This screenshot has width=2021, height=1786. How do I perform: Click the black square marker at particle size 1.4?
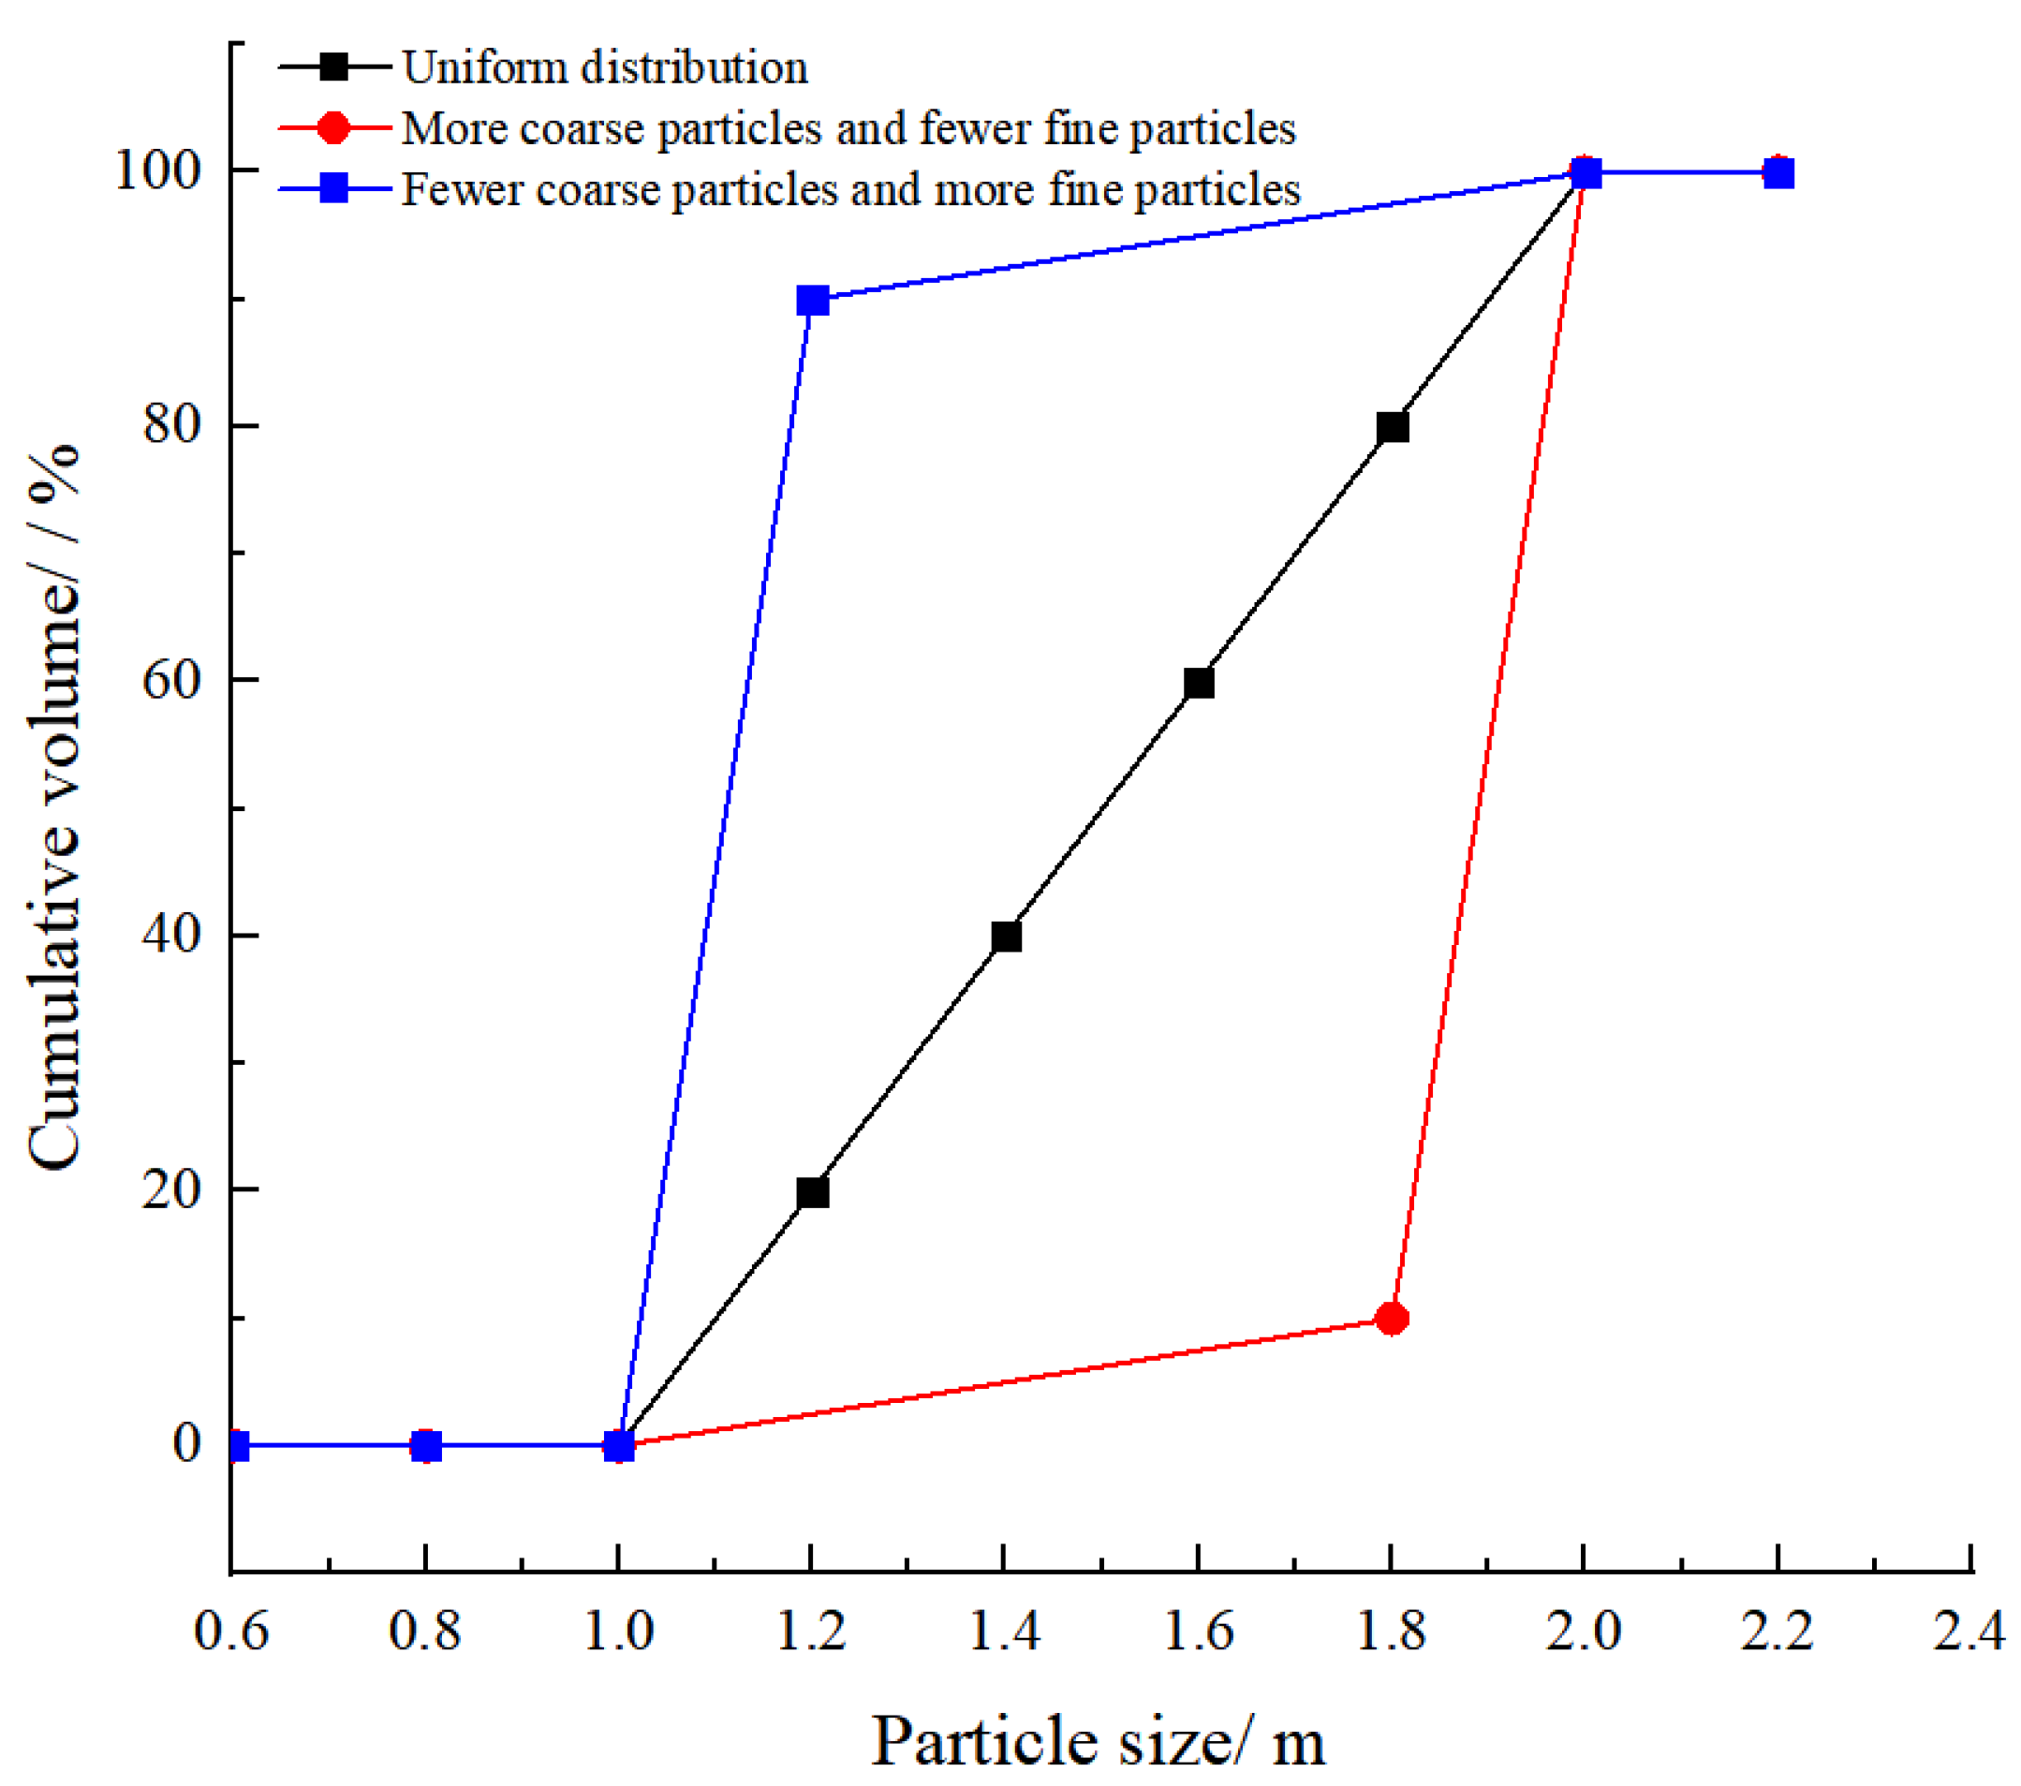pyautogui.click(x=1006, y=937)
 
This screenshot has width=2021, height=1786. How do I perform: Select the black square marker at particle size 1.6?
pyautogui.click(x=1199, y=683)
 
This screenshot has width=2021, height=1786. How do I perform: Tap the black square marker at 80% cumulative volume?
pyautogui.click(x=1393, y=427)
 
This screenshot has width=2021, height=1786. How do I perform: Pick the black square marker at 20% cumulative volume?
pyautogui.click(x=812, y=1191)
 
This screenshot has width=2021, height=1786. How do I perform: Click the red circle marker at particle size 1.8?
pyautogui.click(x=1391, y=1319)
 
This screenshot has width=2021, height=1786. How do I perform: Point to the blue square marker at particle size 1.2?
pyautogui.click(x=812, y=300)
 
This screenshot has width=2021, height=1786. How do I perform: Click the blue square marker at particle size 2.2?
pyautogui.click(x=1778, y=173)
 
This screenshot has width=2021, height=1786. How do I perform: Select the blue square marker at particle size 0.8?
pyautogui.click(x=425, y=1446)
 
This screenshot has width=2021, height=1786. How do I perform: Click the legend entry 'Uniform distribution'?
pyautogui.click(x=604, y=67)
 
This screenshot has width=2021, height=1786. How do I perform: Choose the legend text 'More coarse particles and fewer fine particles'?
pyautogui.click(x=848, y=128)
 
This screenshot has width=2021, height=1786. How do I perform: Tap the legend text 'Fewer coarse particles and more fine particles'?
pyautogui.click(x=850, y=189)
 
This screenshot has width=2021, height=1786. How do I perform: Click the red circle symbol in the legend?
pyautogui.click(x=334, y=127)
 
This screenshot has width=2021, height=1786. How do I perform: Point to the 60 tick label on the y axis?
pyautogui.click(x=171, y=679)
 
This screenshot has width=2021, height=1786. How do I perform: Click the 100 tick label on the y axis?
pyautogui.click(x=158, y=170)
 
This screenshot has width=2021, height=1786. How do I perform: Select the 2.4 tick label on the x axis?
pyautogui.click(x=1969, y=1629)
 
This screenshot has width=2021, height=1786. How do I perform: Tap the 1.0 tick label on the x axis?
pyautogui.click(x=618, y=1629)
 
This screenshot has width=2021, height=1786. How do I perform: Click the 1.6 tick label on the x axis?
pyautogui.click(x=1199, y=1629)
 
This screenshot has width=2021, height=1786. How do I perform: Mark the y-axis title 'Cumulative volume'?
pyautogui.click(x=54, y=806)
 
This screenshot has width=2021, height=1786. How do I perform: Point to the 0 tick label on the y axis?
pyautogui.click(x=185, y=1444)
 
